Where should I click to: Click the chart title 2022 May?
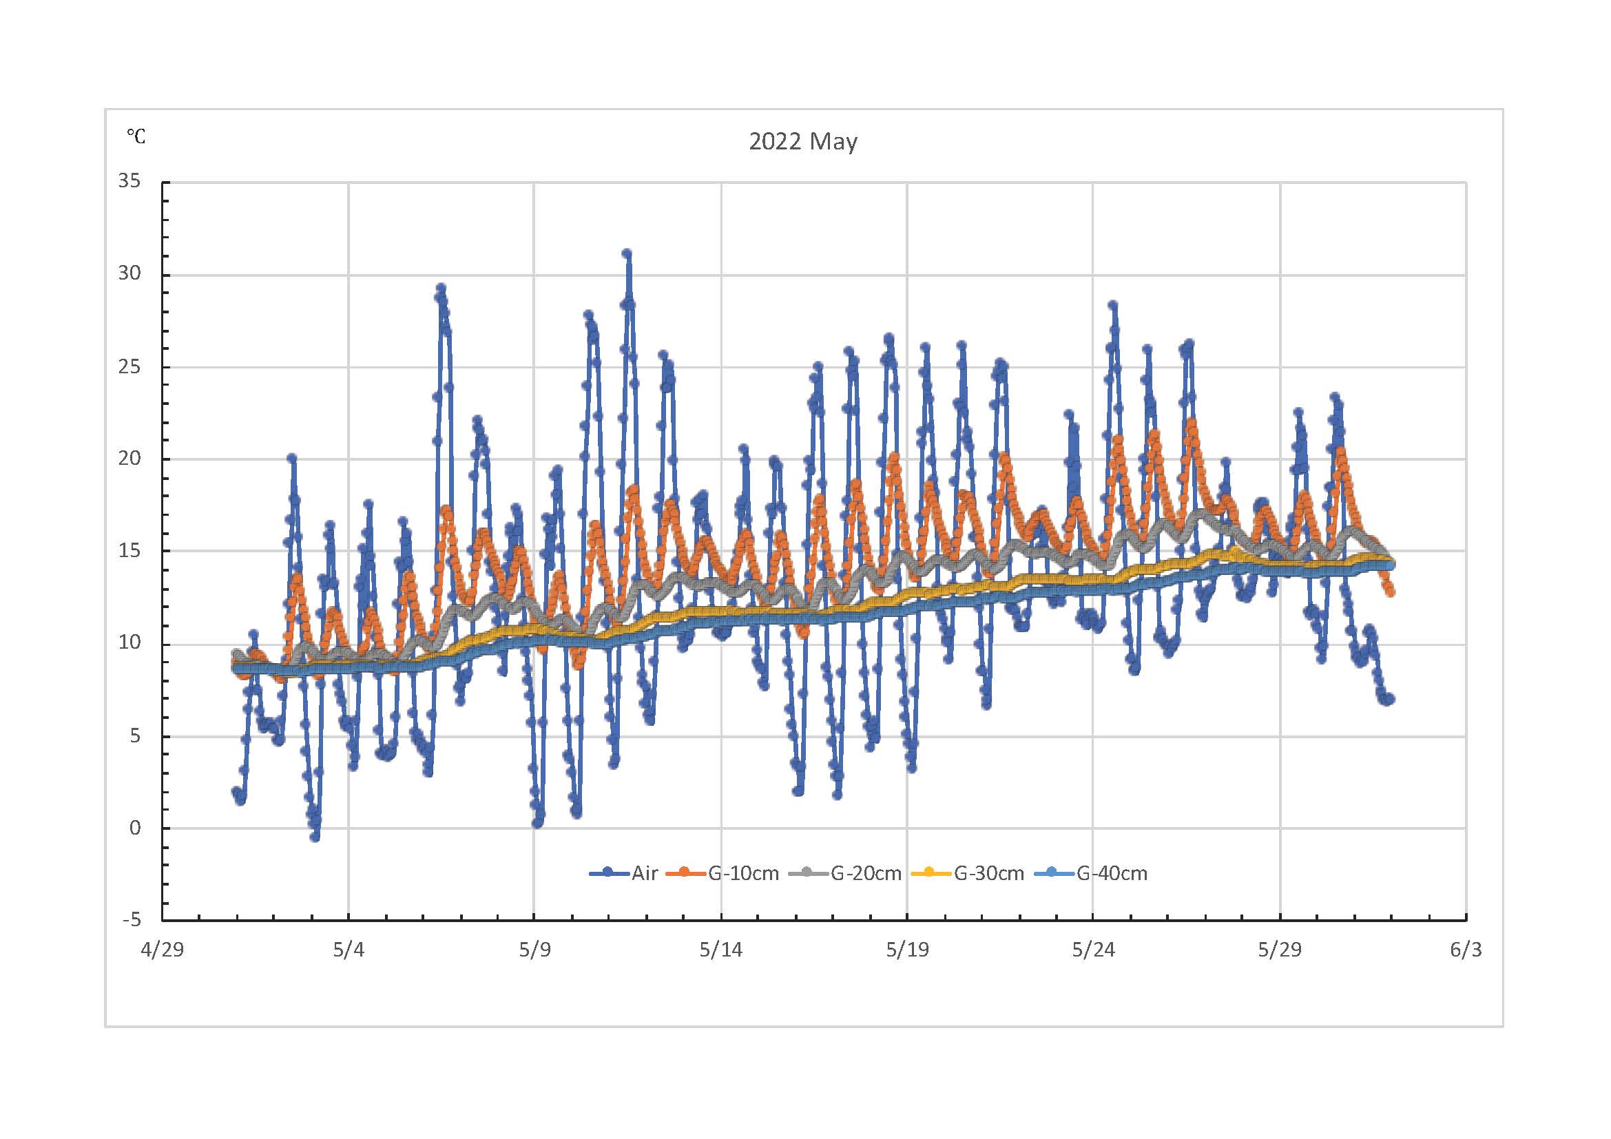click(802, 142)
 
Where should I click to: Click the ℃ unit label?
click(136, 136)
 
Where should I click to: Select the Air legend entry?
click(643, 873)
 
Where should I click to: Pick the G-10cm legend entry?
click(743, 873)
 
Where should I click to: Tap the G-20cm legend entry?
click(866, 873)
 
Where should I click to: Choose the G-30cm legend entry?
click(988, 873)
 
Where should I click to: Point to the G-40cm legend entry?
click(1112, 873)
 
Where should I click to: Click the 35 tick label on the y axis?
click(129, 181)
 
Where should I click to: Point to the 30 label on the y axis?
click(129, 273)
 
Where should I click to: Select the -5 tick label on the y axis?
click(132, 919)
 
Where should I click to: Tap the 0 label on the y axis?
click(135, 828)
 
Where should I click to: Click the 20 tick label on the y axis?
click(129, 458)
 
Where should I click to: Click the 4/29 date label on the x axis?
click(162, 950)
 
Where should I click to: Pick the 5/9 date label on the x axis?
click(534, 950)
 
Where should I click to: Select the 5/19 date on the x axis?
click(906, 950)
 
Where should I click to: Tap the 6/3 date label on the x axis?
click(1466, 950)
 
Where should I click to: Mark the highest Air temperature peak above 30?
click(627, 253)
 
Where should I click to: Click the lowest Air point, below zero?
click(315, 837)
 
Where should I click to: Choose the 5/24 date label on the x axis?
click(1093, 950)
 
